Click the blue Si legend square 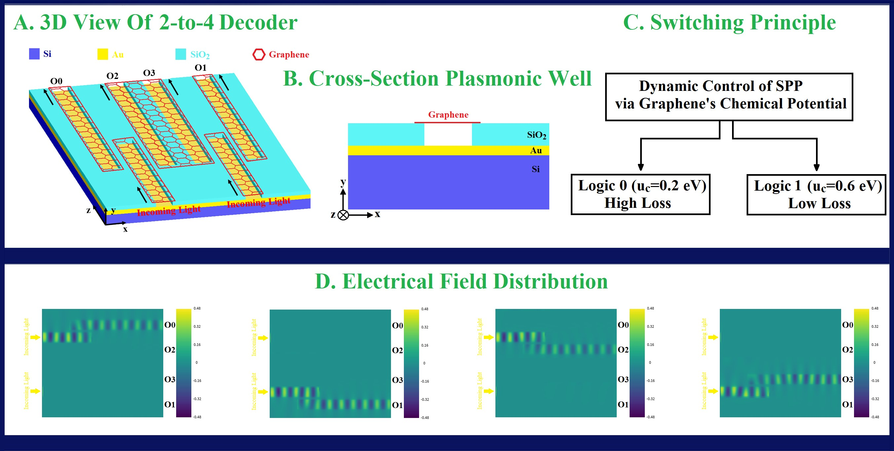[34, 54]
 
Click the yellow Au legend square [102, 54]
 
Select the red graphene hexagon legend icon [258, 55]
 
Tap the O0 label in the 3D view [56, 81]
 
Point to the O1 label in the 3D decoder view [201, 68]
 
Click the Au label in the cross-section [536, 150]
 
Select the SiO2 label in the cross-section [536, 135]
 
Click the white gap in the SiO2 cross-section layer [448, 134]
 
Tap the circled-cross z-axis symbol [343, 215]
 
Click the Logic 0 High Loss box [640, 194]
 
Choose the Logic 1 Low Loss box [816, 195]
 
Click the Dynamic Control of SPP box [729, 96]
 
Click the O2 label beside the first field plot [170, 349]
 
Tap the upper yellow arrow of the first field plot [35, 337]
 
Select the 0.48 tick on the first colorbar [197, 308]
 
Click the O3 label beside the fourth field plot [847, 379]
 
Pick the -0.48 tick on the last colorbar [875, 417]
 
